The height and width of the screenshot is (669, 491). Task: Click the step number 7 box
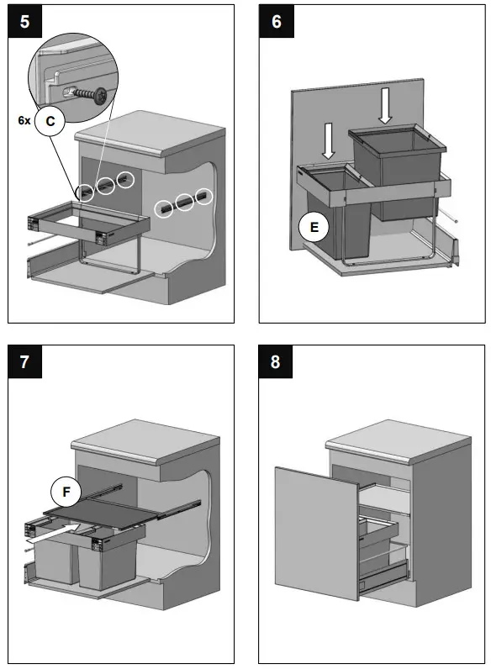click(x=24, y=364)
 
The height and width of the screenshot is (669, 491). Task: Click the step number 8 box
click(x=276, y=364)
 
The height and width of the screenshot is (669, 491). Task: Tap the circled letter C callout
click(x=50, y=121)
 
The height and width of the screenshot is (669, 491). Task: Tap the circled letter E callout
click(x=314, y=226)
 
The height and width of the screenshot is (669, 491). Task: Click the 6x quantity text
click(x=24, y=121)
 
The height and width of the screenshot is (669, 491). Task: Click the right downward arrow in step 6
click(x=384, y=106)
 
